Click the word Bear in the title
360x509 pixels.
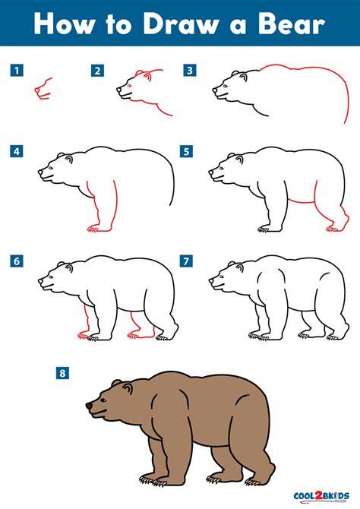pos(291,24)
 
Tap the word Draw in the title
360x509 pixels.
pos(181,24)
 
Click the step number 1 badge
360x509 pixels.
pos(17,70)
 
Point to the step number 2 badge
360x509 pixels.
pos(97,71)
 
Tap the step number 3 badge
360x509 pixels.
pos(190,70)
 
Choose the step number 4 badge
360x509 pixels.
pos(17,151)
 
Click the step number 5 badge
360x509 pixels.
pos(186,151)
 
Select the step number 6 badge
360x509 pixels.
pos(17,261)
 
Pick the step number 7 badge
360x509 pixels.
pos(186,261)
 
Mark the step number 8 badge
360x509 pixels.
pos(62,373)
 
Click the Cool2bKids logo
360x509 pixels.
pos(321,496)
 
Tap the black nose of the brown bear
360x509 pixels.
pos(89,406)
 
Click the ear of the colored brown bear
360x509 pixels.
pos(128,388)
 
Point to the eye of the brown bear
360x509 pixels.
pos(103,400)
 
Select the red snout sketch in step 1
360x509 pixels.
pos(43,88)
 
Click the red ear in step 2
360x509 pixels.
pos(147,77)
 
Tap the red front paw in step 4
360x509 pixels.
pos(93,229)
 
